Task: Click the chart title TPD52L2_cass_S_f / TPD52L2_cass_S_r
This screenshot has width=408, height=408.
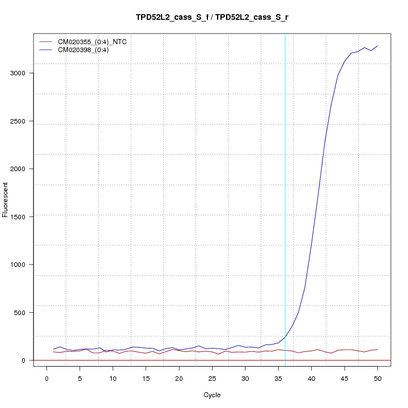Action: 212,18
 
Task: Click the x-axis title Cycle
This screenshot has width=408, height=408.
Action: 212,395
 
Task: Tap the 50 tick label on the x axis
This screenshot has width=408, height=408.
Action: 377,379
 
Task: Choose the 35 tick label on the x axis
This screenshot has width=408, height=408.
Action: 278,379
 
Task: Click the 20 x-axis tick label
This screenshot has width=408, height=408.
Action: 179,379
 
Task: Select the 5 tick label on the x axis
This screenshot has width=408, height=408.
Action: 80,379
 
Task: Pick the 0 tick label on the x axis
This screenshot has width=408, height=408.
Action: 47,379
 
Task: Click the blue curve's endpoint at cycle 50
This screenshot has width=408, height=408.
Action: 377,46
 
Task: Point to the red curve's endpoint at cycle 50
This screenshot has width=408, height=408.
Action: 377,350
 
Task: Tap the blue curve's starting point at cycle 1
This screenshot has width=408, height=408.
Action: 53,349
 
